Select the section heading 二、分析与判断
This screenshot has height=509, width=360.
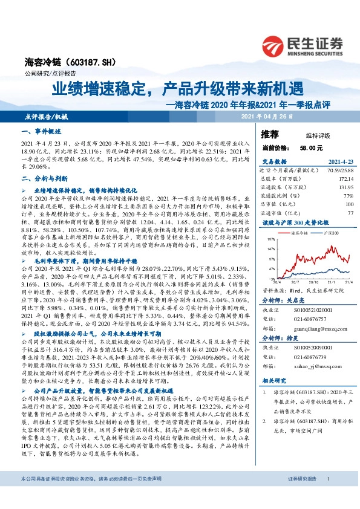(44, 179)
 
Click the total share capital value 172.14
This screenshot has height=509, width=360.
(344, 180)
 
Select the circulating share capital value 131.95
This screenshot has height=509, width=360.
(344, 188)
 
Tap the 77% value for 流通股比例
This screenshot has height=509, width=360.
(347, 196)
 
